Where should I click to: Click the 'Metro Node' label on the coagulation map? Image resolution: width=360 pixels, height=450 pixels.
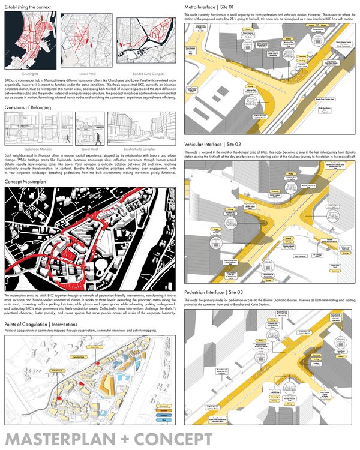click(93, 346)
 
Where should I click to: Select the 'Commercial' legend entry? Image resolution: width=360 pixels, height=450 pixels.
click(164, 406)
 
